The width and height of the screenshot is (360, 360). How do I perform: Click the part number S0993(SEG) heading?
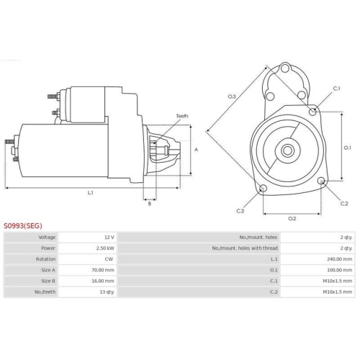point(23,225)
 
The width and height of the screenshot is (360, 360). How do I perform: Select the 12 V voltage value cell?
point(109,238)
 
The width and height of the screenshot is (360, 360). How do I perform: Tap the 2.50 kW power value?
point(105,248)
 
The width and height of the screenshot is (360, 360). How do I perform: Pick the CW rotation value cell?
point(109,259)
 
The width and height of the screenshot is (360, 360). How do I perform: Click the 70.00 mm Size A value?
point(103,270)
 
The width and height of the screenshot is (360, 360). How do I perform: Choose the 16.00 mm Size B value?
point(103,281)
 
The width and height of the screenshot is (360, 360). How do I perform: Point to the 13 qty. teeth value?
point(107,292)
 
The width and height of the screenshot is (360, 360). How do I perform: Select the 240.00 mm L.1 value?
point(340,259)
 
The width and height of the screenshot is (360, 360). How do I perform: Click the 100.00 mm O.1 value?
point(340,270)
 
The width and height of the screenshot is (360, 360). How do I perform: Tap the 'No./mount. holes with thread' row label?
point(245,248)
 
